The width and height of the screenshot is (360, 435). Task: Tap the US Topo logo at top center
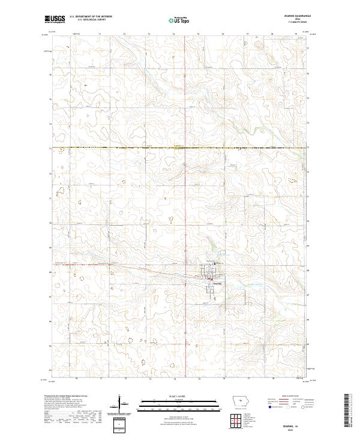[x=179, y=20]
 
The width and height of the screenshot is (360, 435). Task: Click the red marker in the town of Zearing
[x=209, y=279]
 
